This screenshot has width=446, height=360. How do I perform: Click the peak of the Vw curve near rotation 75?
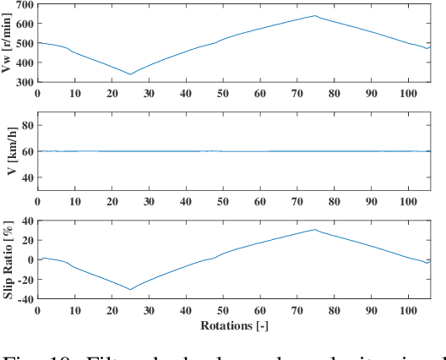pyautogui.click(x=315, y=15)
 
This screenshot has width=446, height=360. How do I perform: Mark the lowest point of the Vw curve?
pyautogui.click(x=130, y=74)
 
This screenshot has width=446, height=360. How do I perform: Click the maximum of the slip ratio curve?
pyautogui.click(x=315, y=230)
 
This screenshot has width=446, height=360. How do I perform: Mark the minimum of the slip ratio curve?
pyautogui.click(x=130, y=290)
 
